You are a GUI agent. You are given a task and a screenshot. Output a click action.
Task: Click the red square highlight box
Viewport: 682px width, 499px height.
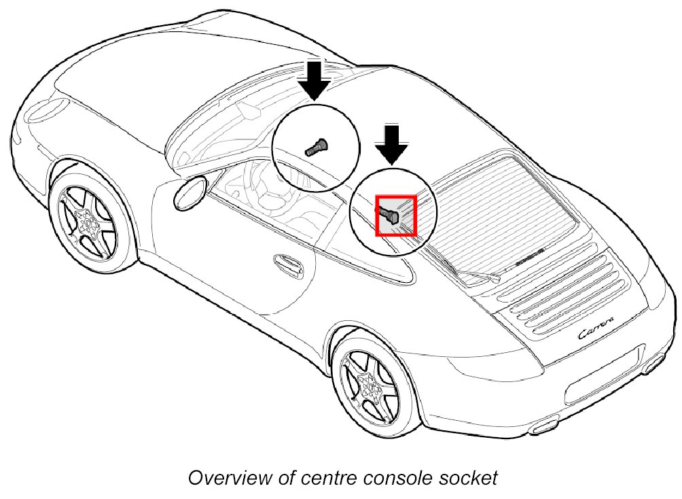[395, 215]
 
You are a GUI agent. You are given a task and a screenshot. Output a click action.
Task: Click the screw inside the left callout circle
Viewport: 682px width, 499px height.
[316, 146]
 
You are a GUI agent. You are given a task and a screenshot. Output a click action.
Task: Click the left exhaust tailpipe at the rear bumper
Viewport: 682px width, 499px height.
[545, 427]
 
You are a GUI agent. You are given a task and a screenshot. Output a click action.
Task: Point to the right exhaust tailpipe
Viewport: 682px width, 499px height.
[653, 366]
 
